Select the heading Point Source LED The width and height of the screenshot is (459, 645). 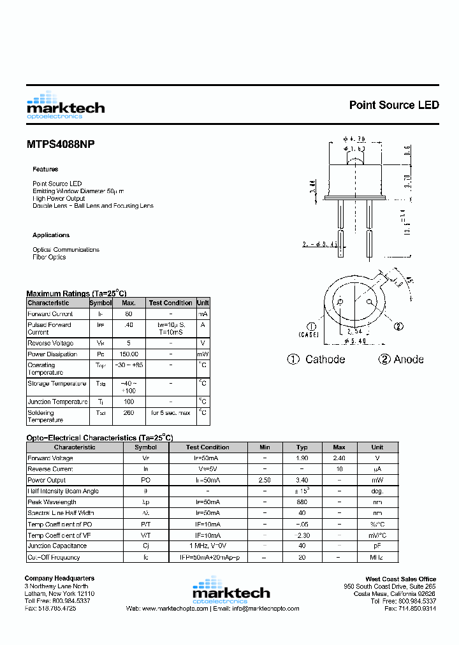pyautogui.click(x=393, y=105)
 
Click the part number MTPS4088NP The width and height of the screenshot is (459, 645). pyautogui.click(x=61, y=145)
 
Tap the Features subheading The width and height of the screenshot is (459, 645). pyautogui.click(x=45, y=170)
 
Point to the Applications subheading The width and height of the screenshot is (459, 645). pyautogui.click(x=51, y=235)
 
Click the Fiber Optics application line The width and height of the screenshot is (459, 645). pyautogui.click(x=49, y=257)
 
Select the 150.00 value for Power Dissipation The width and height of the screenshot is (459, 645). pyautogui.click(x=129, y=354)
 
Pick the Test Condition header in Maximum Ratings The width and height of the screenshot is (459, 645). pyautogui.click(x=170, y=303)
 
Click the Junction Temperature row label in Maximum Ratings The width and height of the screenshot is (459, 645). pyautogui.click(x=57, y=402)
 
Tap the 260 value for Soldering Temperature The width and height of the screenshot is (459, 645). pyautogui.click(x=129, y=413)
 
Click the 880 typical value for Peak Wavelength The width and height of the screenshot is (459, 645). pyautogui.click(x=302, y=502)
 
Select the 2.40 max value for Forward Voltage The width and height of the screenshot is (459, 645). pyautogui.click(x=339, y=458)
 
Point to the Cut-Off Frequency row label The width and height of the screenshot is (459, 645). pyautogui.click(x=54, y=558)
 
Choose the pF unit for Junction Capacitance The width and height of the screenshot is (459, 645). pyautogui.click(x=377, y=546)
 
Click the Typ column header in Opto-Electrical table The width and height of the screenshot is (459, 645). pyautogui.click(x=302, y=447)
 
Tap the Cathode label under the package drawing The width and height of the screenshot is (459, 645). pyautogui.click(x=324, y=359)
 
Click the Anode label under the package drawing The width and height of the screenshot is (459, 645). pyautogui.click(x=408, y=359)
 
